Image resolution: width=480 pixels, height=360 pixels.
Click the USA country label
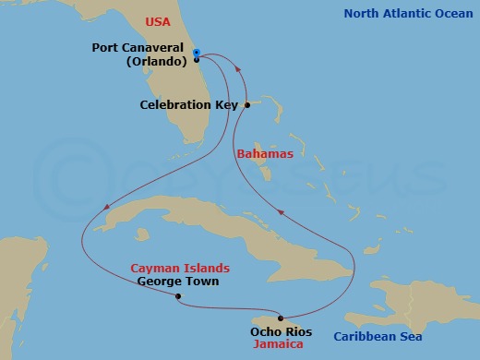pos(158,21)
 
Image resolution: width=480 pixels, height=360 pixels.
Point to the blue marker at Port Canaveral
pos(197,53)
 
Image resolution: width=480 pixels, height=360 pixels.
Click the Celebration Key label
pos(189,105)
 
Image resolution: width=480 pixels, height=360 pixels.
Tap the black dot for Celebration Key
pos(247,105)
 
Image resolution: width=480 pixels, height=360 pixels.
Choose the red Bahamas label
pos(265,154)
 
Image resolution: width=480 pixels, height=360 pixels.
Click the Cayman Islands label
pos(180,268)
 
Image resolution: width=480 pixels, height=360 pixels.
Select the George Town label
pos(177,281)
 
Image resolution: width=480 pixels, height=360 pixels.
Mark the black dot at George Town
pos(178,296)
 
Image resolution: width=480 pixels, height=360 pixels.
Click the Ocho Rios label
pos(281,331)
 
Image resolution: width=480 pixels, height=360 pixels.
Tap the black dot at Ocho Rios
pos(281,318)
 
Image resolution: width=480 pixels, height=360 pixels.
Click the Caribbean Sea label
pos(378,336)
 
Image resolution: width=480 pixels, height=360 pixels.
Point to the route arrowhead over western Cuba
pos(108,207)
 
